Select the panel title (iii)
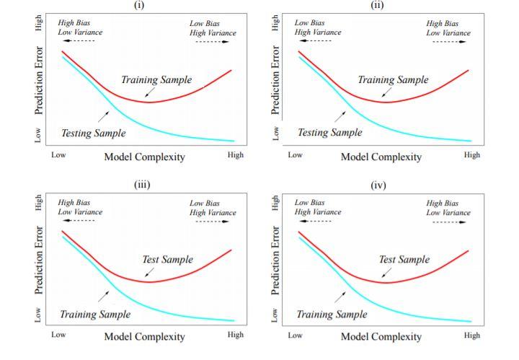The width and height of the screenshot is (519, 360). click(141, 184)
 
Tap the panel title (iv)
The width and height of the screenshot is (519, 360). click(378, 185)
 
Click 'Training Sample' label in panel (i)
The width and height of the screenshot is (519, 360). click(156, 80)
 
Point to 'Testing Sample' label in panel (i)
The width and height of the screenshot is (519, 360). click(94, 133)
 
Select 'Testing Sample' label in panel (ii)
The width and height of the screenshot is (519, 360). click(330, 133)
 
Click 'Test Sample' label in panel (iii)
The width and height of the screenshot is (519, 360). click(167, 259)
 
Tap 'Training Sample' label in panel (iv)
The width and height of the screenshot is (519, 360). click(332, 315)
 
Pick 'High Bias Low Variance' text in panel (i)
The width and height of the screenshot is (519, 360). click(80, 27)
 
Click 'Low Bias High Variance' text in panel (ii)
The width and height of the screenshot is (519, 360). click(317, 27)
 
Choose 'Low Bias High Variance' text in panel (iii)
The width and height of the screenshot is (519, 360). click(213, 208)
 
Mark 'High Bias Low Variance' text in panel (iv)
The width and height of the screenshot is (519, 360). click(448, 208)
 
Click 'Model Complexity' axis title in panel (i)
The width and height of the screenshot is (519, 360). click(144, 157)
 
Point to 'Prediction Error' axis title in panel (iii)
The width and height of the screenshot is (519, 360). click(39, 261)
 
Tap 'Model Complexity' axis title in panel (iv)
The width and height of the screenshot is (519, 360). click(381, 336)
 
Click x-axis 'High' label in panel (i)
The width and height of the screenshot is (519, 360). click(235, 155)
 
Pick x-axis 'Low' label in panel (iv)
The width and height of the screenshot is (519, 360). click(295, 335)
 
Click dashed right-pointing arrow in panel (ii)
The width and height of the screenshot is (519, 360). click(449, 42)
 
